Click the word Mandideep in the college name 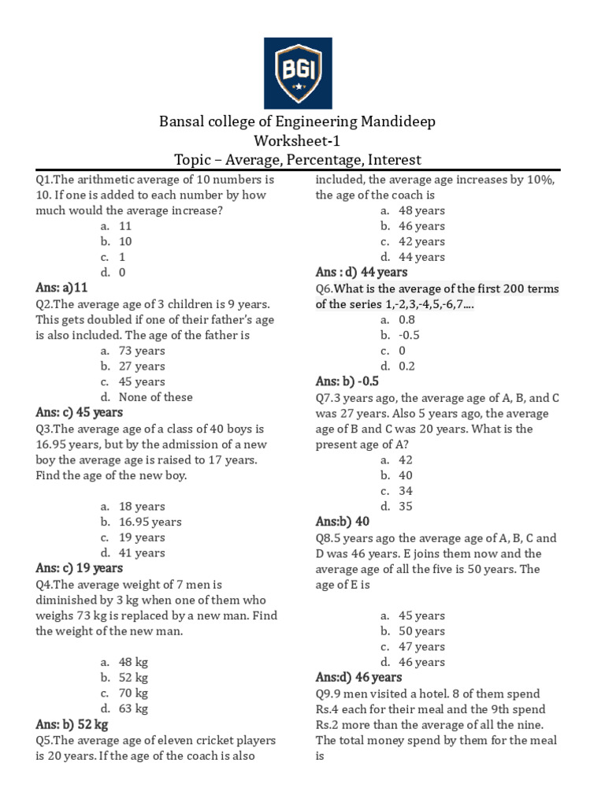(x=398, y=122)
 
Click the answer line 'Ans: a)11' (x=62, y=288)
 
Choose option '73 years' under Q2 (x=142, y=351)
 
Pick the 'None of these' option (x=155, y=397)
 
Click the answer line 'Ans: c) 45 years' (x=79, y=412)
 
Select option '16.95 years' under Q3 (x=150, y=522)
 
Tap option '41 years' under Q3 (x=142, y=552)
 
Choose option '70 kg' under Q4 (x=133, y=694)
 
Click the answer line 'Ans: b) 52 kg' (x=72, y=724)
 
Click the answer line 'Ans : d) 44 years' (x=362, y=272)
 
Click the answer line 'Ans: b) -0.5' (x=352, y=381)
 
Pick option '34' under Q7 (x=406, y=491)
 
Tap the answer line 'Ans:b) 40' (x=342, y=522)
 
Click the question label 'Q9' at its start (x=324, y=694)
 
